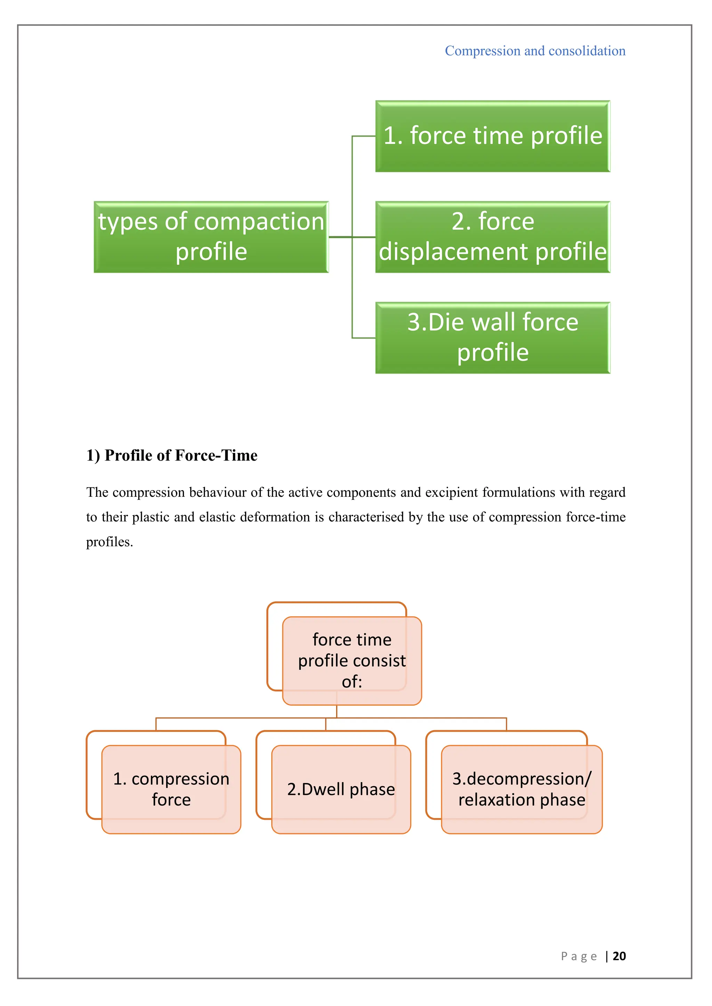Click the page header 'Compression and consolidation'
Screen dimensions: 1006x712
click(x=535, y=51)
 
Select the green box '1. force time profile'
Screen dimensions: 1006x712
click(x=492, y=136)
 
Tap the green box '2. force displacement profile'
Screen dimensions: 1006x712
click(x=492, y=237)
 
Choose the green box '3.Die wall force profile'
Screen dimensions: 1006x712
click(x=492, y=338)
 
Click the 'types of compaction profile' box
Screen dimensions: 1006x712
click(x=211, y=237)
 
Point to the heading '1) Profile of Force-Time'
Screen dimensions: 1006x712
click(x=171, y=455)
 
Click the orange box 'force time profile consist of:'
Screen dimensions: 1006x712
click(x=351, y=660)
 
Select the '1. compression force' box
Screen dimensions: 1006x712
click(x=171, y=789)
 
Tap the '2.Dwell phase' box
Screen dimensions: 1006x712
click(x=341, y=789)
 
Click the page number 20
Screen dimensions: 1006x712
click(x=619, y=956)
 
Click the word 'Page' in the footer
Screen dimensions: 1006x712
click(x=579, y=956)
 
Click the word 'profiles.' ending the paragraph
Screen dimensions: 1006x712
click(x=109, y=542)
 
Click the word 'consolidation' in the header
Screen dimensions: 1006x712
click(x=587, y=51)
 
